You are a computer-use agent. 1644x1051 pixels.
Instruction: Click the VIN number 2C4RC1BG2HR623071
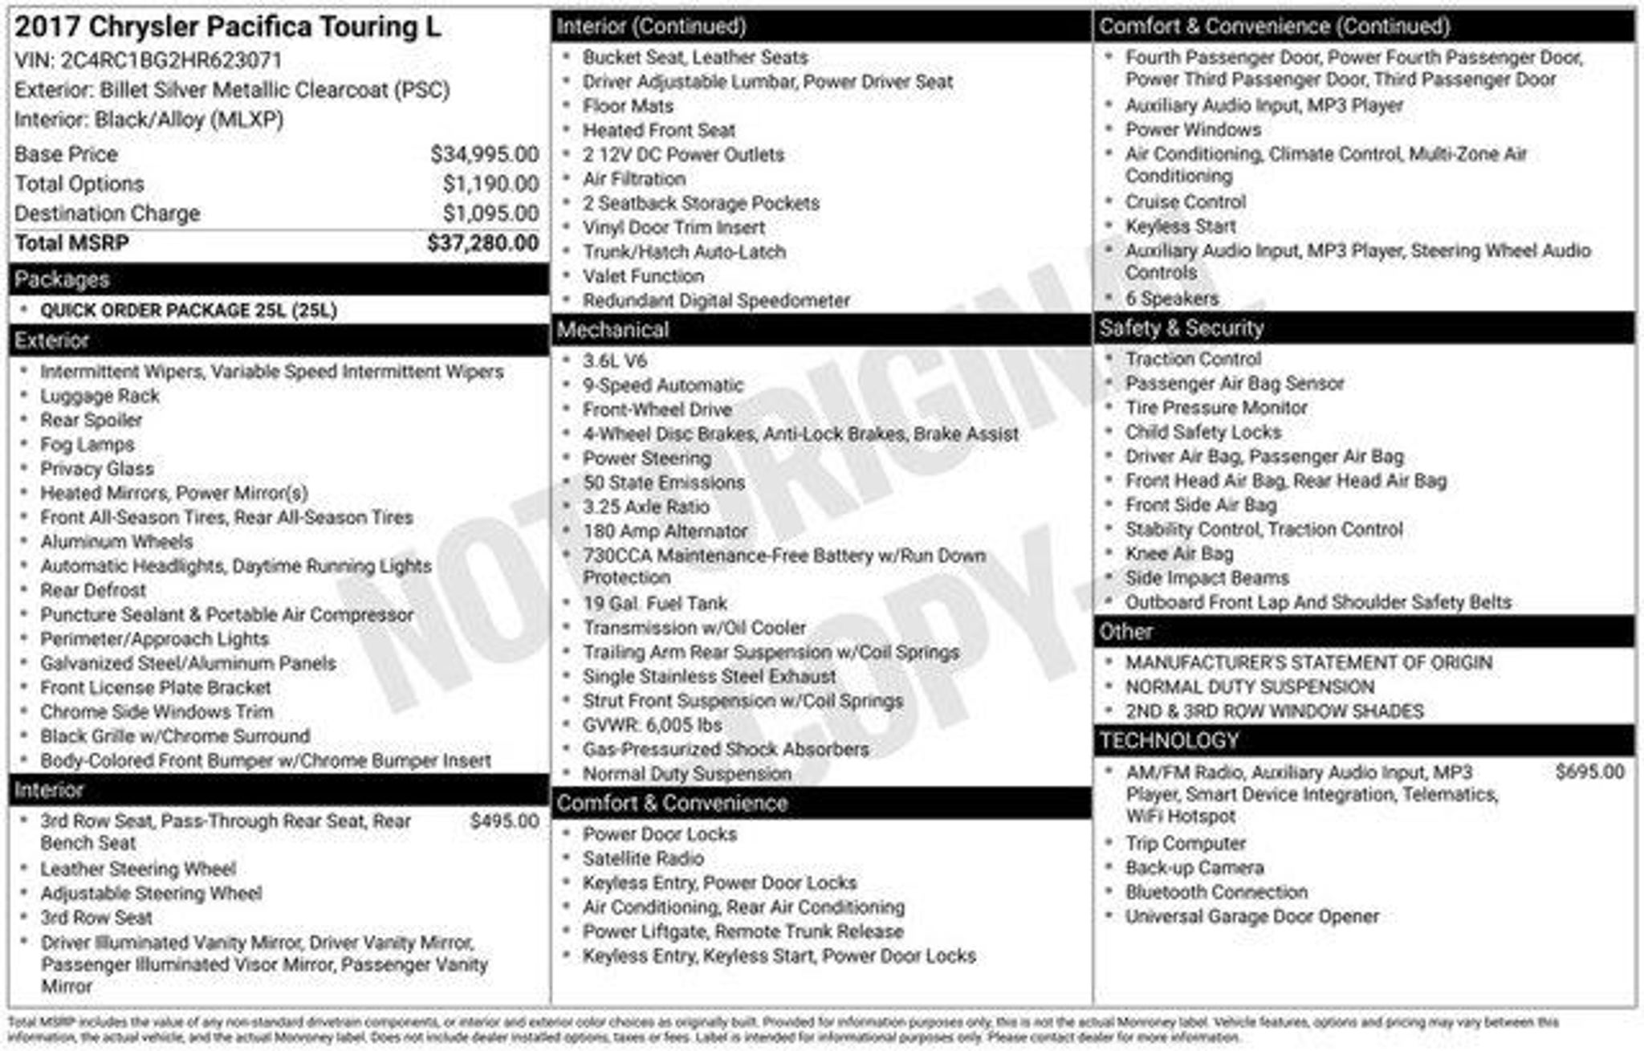coord(171,60)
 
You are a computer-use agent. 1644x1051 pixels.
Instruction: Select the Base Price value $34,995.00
coord(484,154)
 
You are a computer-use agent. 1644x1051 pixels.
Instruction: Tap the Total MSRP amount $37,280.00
coord(482,243)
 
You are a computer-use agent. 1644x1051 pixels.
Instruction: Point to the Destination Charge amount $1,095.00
coord(490,214)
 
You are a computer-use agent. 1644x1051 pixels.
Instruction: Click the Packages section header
coord(63,279)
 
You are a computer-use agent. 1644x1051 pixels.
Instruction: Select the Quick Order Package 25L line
coord(189,311)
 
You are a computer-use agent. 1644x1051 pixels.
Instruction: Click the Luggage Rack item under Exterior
coord(100,396)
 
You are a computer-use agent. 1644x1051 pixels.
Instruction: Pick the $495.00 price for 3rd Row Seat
coord(504,821)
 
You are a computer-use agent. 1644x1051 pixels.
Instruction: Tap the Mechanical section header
coord(613,330)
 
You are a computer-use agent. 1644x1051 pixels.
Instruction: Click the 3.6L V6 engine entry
coord(615,361)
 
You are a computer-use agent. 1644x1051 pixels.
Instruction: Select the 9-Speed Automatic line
coord(663,385)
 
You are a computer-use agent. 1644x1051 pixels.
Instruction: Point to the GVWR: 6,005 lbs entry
coord(652,725)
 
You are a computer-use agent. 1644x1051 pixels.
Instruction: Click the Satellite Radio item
coord(643,858)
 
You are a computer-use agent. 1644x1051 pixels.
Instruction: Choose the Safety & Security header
coord(1182,328)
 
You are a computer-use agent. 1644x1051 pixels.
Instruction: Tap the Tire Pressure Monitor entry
coord(1216,408)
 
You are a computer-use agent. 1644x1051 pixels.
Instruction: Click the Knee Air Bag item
coord(1178,553)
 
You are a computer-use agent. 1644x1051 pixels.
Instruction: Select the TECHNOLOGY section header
coord(1169,740)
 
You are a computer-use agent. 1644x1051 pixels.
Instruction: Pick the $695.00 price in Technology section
coord(1589,772)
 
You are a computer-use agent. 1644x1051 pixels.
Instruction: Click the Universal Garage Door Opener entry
coord(1251,916)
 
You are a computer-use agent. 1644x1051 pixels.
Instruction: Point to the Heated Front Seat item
coord(658,130)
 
